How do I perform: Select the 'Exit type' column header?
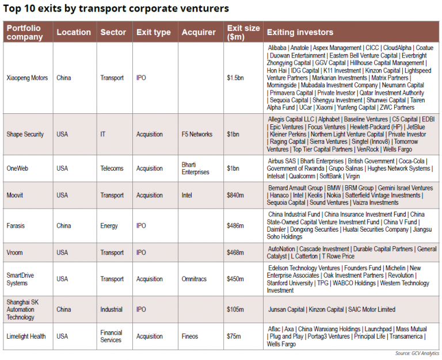pos(153,32)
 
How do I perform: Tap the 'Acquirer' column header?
pos(199,32)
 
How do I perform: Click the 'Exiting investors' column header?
pos(300,32)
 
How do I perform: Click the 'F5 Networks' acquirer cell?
pos(197,134)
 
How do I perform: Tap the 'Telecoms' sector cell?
pos(112,168)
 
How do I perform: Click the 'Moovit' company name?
pos(16,195)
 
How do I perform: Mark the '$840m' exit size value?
pos(235,195)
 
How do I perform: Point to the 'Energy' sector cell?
pos(109,226)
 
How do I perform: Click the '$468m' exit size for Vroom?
pos(235,252)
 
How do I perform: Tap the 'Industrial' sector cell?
pos(111,309)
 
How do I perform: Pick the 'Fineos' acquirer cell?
pos(190,336)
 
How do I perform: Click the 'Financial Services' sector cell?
pos(112,336)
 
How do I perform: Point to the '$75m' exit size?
pos(234,336)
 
